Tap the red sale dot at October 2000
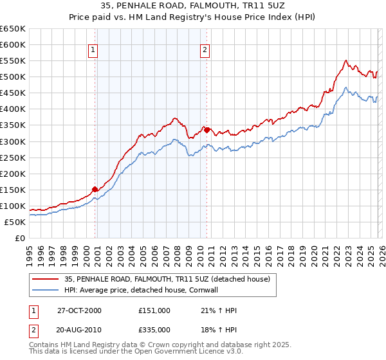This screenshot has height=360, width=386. (95, 189)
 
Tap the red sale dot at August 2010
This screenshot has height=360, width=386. (207, 130)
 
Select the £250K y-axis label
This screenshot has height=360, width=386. (13, 157)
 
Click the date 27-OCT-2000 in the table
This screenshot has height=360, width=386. (79, 310)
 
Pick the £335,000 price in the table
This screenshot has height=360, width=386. (154, 329)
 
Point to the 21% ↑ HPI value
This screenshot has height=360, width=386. (217, 310)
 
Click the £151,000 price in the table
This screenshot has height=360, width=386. (154, 310)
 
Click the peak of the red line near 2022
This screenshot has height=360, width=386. (346, 61)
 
